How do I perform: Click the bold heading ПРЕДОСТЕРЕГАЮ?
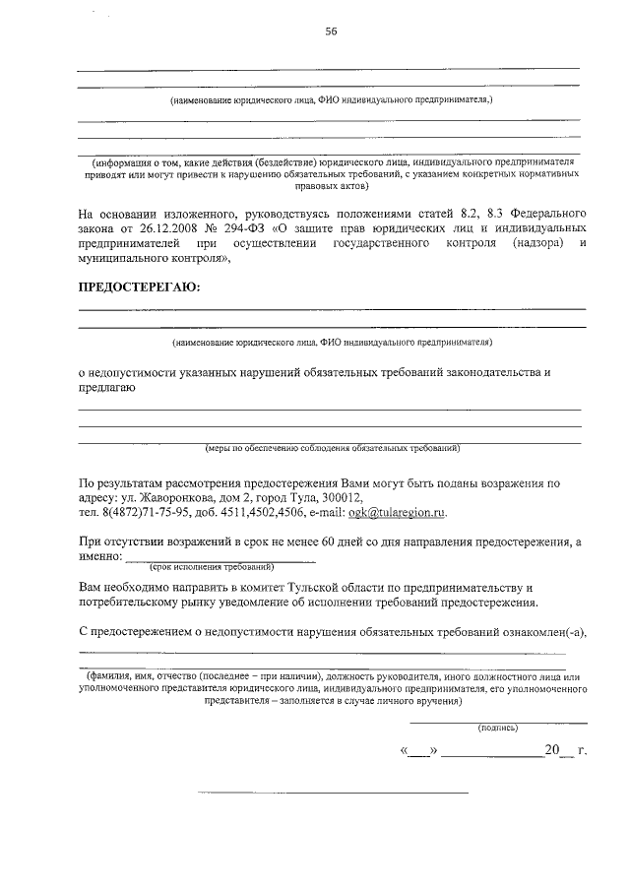point(138,286)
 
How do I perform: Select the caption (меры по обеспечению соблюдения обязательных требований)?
point(332,449)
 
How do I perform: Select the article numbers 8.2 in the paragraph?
point(431,213)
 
